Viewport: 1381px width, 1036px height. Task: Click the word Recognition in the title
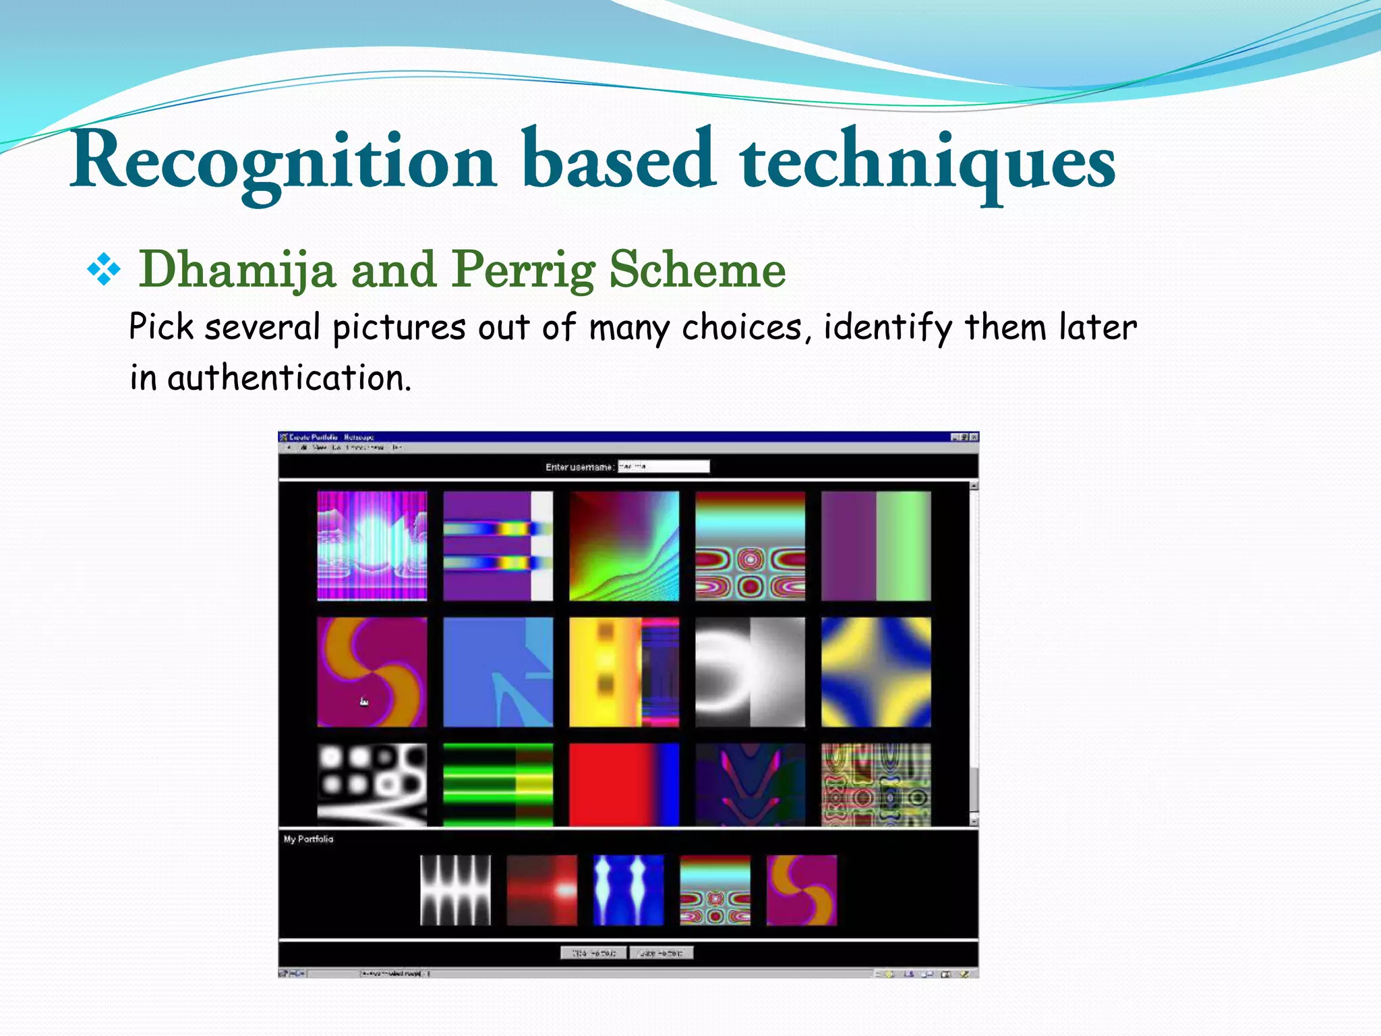coord(283,162)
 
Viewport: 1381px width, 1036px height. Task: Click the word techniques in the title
coord(927,162)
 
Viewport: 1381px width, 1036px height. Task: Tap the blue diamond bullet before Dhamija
coord(104,270)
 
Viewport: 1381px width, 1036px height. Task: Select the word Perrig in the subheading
coord(523,270)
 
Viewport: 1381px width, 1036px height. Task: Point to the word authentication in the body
coord(289,378)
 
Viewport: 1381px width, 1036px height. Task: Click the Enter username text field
coord(664,466)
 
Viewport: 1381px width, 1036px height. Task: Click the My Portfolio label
coord(308,839)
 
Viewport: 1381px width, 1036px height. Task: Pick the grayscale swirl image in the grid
coord(750,672)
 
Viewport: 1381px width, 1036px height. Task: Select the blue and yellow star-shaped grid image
coord(876,672)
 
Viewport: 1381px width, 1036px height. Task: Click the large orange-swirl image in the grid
coord(372,672)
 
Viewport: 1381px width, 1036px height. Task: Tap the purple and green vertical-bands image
coord(876,546)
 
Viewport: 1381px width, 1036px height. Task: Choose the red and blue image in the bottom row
coord(624,784)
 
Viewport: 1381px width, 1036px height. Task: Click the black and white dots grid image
coord(372,784)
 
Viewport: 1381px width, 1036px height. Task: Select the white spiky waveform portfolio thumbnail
coord(455,890)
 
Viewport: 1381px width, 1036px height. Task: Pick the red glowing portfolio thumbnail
coord(541,890)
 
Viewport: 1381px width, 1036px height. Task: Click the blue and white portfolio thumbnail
coord(628,890)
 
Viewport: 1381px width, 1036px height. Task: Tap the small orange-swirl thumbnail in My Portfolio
coord(801,890)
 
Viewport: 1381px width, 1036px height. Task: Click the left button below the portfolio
coord(593,953)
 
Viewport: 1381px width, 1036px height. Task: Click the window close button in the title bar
coord(973,437)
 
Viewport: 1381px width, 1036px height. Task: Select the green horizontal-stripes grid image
coord(498,784)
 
